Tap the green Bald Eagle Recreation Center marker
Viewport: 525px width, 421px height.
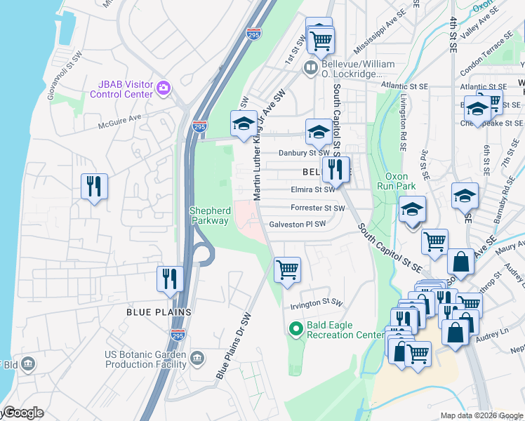(x=295, y=328)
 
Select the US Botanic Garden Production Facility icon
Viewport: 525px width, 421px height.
(x=197, y=359)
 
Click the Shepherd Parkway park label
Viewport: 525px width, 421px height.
(x=209, y=215)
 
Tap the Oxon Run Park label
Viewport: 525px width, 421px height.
(x=401, y=181)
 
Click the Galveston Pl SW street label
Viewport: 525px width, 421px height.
(x=298, y=225)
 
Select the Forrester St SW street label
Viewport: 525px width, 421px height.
(x=317, y=208)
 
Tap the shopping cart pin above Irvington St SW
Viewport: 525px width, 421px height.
(x=287, y=269)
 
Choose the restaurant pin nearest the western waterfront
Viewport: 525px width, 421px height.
(x=94, y=186)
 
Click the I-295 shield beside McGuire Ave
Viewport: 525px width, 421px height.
(x=199, y=126)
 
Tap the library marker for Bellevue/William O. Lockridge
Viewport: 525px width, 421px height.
(x=310, y=68)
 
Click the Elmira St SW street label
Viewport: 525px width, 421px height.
(x=312, y=189)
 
